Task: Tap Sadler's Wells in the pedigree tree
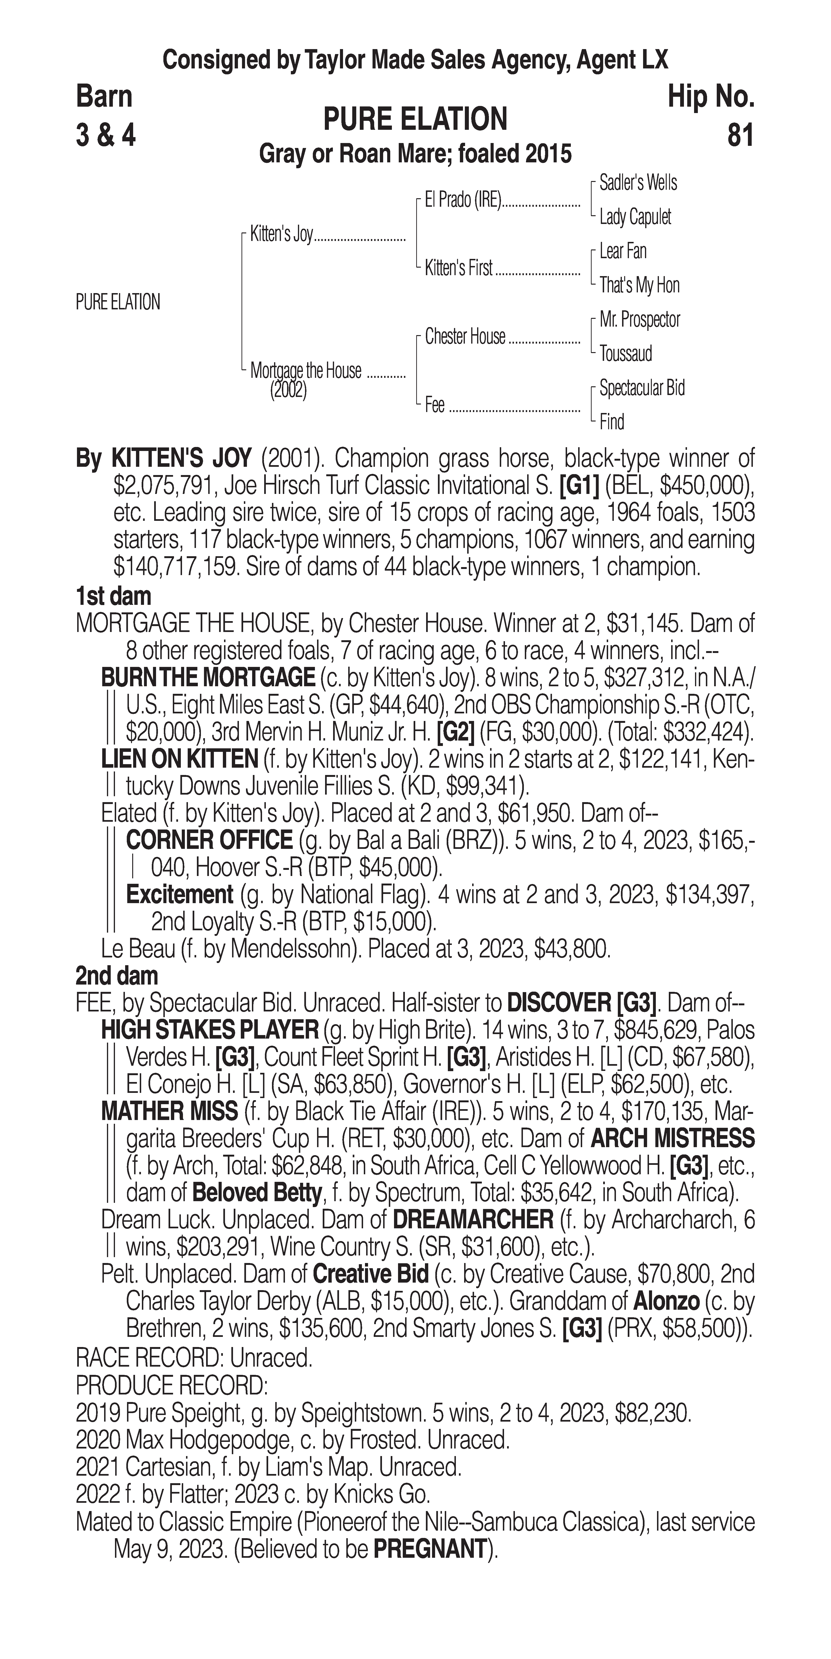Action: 638,183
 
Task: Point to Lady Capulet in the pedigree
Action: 635,217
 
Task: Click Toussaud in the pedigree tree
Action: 626,354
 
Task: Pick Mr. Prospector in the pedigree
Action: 639,320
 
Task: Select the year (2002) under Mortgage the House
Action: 288,391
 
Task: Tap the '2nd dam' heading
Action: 117,976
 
